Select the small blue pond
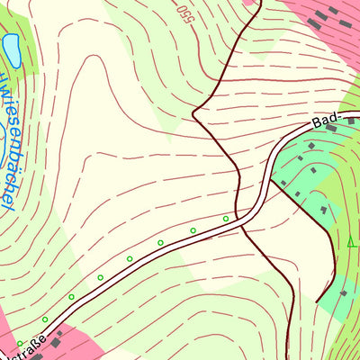[13, 49]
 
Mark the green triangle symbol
[351, 241]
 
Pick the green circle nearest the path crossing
[226, 218]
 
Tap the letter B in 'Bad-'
[317, 124]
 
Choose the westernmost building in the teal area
[284, 184]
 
